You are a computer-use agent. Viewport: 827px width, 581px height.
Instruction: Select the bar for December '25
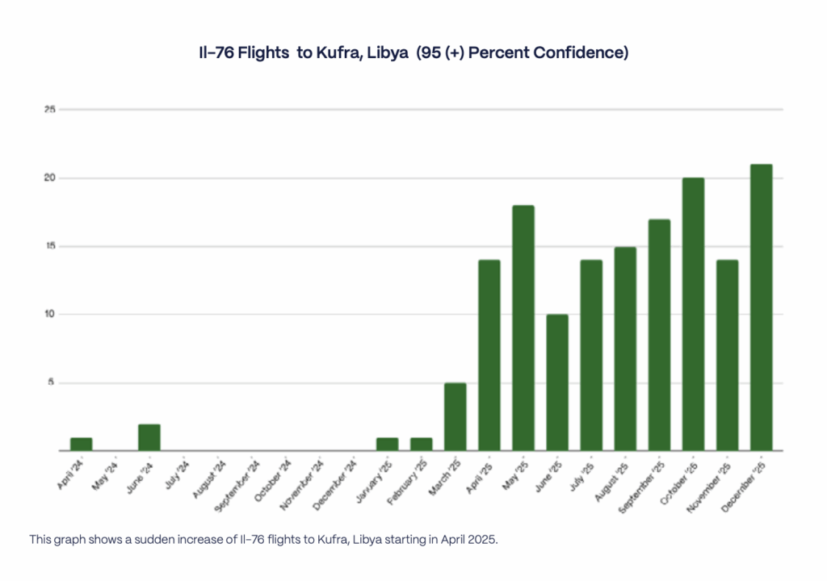click(x=761, y=307)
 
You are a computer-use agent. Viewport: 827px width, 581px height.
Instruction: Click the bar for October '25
click(x=693, y=314)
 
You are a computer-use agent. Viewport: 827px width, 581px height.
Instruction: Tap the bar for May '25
click(x=523, y=328)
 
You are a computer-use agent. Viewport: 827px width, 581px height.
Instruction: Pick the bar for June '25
click(x=557, y=382)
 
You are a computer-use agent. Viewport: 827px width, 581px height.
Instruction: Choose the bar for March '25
click(x=455, y=416)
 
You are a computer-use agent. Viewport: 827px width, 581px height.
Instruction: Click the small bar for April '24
click(x=82, y=444)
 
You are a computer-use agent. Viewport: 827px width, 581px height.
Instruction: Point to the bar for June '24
click(x=149, y=437)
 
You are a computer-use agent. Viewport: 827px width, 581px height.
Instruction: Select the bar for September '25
click(x=659, y=335)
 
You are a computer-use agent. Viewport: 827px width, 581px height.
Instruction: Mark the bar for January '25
click(x=388, y=444)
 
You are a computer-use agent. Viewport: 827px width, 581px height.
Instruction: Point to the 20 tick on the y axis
click(x=49, y=178)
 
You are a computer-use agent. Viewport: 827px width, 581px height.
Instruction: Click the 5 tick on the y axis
click(x=51, y=382)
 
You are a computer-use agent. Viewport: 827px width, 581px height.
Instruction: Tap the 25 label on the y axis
click(x=49, y=109)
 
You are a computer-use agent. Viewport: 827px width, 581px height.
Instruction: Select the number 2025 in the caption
click(x=483, y=539)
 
